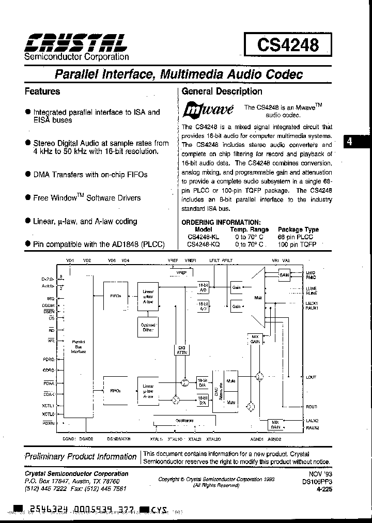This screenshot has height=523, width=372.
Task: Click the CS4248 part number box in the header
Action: (x=287, y=45)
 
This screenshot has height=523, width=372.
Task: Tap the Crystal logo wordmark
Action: (x=75, y=41)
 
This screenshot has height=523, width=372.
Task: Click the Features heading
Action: (x=42, y=91)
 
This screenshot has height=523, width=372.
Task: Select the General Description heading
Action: (x=222, y=91)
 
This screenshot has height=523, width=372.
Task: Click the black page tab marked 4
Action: (x=350, y=142)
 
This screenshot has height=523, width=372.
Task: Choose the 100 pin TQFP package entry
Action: (x=298, y=244)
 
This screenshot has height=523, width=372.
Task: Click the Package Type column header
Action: (x=298, y=229)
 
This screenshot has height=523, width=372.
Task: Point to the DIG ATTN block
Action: (x=181, y=350)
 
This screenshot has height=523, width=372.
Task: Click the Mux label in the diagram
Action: (x=258, y=298)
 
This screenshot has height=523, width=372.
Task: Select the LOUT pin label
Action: (x=311, y=377)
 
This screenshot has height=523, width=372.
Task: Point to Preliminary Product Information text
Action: (x=81, y=457)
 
